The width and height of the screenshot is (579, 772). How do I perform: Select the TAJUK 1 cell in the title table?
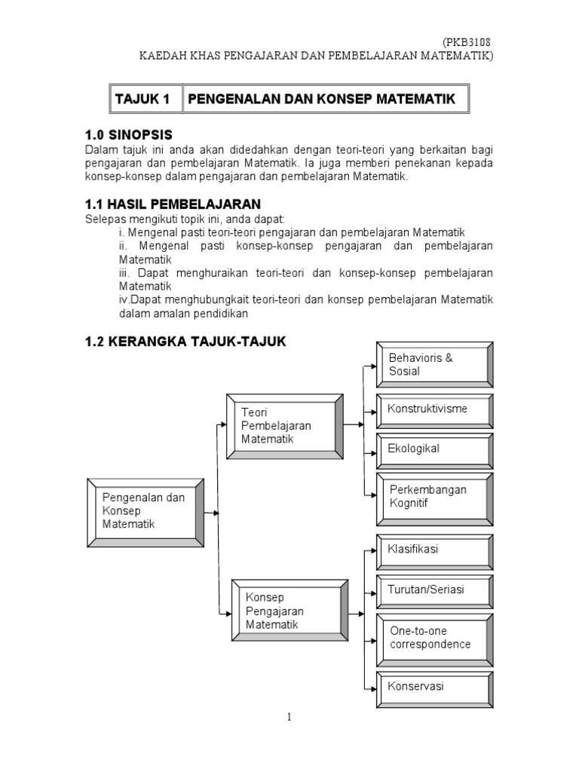142,99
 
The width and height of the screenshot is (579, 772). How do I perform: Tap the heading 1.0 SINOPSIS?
128,135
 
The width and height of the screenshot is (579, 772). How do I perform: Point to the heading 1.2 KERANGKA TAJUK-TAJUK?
185,342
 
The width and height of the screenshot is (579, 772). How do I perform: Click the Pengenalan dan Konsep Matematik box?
146,510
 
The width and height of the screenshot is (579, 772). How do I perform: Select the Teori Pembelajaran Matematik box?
281,426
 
